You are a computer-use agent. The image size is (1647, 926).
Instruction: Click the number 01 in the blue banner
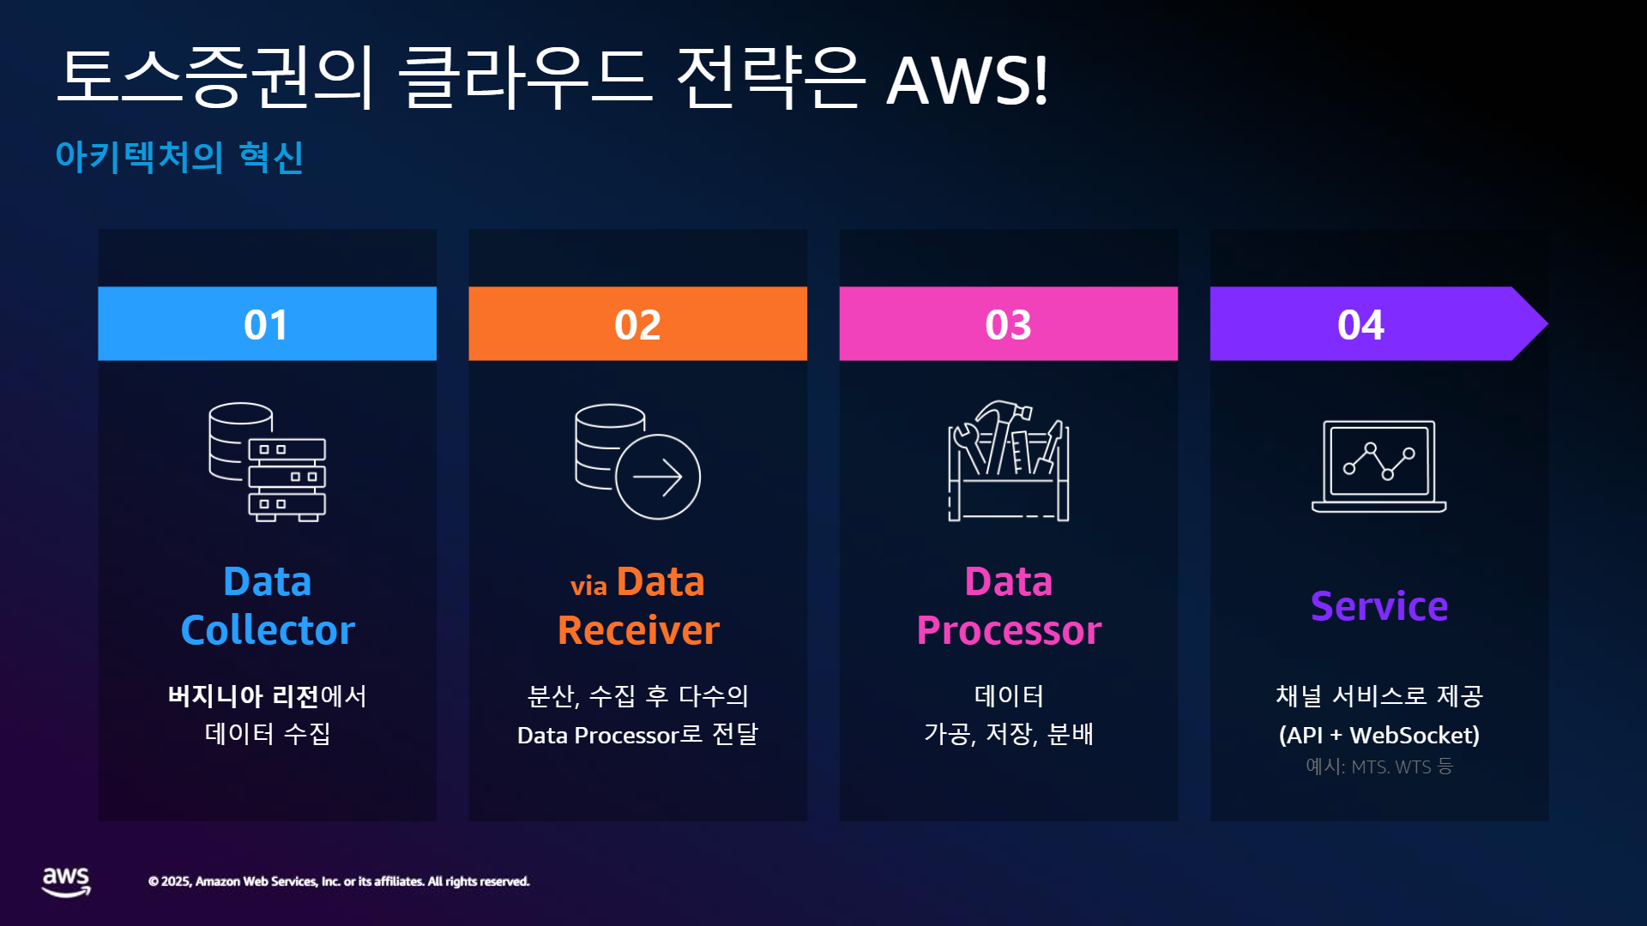pos(266,325)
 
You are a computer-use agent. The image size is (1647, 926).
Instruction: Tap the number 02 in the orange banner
pos(637,325)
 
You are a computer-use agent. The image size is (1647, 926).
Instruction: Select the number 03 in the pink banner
pos(1008,325)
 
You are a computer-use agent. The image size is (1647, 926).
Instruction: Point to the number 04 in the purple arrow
pos(1360,325)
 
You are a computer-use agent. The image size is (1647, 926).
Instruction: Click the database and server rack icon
pos(268,462)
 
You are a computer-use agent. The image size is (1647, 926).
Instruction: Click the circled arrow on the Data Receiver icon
pos(658,477)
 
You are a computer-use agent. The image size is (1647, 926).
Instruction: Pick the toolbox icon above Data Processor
pos(1009,460)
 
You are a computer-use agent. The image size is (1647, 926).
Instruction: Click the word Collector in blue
pos(268,630)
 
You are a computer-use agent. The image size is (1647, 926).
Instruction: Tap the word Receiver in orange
pos(638,630)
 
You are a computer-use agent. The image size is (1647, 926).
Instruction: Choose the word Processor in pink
pos(1009,631)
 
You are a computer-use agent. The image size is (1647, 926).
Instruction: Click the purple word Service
pos(1379,606)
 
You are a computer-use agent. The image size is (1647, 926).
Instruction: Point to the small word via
pos(588,586)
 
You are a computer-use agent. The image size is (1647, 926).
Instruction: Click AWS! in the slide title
pos(968,81)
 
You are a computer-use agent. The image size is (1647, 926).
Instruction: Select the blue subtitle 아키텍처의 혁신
pos(179,157)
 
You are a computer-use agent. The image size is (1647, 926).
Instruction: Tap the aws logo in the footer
pos(66,881)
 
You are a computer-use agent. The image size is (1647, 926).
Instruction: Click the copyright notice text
pos(339,881)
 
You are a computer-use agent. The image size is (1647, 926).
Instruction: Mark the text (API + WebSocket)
pos(1379,735)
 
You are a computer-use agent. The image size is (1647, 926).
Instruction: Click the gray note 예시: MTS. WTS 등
pos(1379,767)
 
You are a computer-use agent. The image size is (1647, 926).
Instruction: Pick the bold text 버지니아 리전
pos(244,695)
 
